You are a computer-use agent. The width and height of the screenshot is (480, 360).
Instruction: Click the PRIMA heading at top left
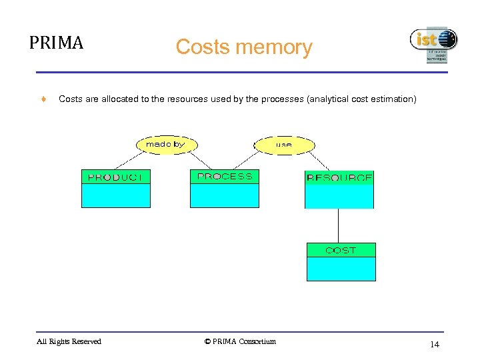(x=57, y=43)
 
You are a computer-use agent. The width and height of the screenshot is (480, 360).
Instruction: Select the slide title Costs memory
(x=243, y=47)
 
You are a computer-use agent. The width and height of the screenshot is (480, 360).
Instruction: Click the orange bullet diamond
(x=43, y=99)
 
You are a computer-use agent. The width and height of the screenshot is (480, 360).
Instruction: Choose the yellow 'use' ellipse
(x=284, y=144)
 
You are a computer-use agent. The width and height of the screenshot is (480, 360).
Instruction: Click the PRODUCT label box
(x=115, y=177)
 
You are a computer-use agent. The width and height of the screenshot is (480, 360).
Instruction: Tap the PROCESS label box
(x=225, y=177)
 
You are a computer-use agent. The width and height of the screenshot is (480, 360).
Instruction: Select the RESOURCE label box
(x=339, y=178)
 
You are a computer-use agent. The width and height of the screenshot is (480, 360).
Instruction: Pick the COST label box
(x=341, y=250)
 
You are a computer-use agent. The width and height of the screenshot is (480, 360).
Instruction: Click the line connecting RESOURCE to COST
(x=339, y=225)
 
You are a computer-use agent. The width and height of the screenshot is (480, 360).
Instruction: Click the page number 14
(x=434, y=344)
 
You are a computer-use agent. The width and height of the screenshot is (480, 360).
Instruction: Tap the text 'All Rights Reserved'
(x=69, y=342)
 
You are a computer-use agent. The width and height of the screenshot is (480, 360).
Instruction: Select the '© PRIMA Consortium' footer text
(x=240, y=342)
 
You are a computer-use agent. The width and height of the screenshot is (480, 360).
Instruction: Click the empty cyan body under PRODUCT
(x=115, y=195)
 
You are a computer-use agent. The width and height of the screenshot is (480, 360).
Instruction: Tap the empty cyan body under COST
(x=341, y=268)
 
